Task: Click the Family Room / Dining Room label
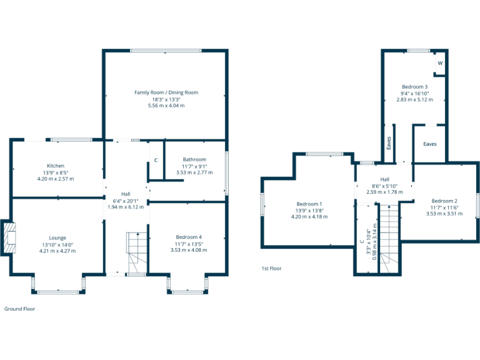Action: click(166, 92)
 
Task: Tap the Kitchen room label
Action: click(56, 166)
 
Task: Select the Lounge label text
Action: click(58, 237)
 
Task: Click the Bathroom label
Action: click(194, 159)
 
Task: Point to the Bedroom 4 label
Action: click(189, 237)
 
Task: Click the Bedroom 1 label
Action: click(309, 204)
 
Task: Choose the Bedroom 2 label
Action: click(444, 201)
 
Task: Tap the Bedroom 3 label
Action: click(415, 86)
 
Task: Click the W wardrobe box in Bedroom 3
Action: click(440, 64)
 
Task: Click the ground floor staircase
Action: click(136, 253)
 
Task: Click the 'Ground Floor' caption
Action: click(20, 309)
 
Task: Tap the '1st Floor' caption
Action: click(271, 268)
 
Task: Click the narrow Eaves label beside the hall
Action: click(389, 144)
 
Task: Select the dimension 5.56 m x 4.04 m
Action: click(166, 106)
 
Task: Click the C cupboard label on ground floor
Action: click(156, 161)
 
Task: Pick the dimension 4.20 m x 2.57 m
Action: click(56, 179)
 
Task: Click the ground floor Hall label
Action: click(126, 194)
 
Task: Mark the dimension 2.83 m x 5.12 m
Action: click(415, 99)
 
